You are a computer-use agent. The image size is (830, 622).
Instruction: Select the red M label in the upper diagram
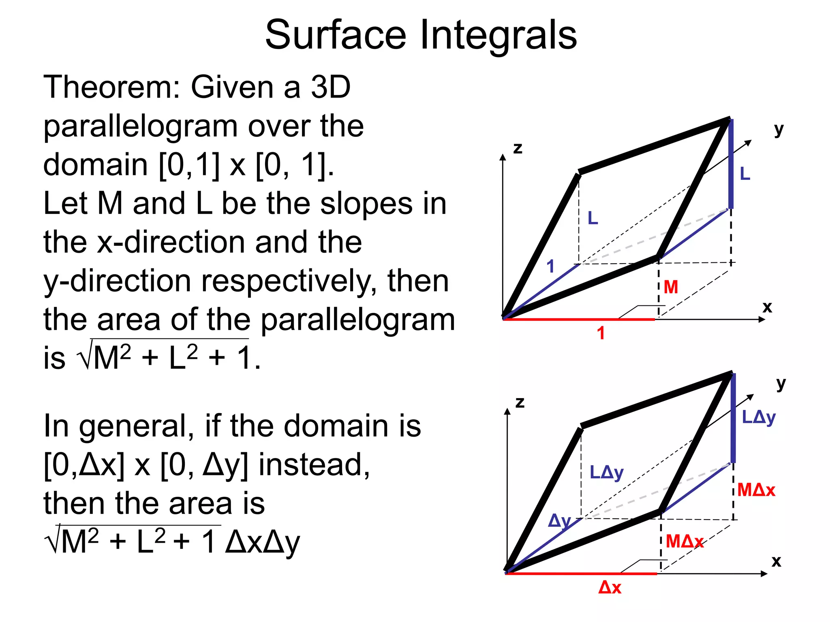coord(671,287)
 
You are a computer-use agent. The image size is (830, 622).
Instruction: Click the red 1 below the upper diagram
coord(601,333)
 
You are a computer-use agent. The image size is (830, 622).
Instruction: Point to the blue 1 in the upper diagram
coord(550,266)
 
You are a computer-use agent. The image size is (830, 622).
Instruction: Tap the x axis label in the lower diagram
coord(776,561)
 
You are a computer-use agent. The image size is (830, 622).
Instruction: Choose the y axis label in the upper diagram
coord(779,129)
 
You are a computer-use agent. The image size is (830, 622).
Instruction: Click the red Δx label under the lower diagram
coord(610,587)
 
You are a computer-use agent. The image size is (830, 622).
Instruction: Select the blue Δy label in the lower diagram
coord(559,521)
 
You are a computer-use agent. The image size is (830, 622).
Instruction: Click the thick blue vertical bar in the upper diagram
coord(731,164)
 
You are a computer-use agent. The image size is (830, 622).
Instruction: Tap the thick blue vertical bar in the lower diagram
coord(733,418)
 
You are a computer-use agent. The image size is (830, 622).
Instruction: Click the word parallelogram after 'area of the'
coord(358,320)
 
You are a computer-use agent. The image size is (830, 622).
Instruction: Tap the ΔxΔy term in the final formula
coord(263,542)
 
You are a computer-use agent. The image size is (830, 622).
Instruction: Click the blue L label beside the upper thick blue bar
coord(745,174)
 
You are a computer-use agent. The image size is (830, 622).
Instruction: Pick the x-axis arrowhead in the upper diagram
coord(762,320)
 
